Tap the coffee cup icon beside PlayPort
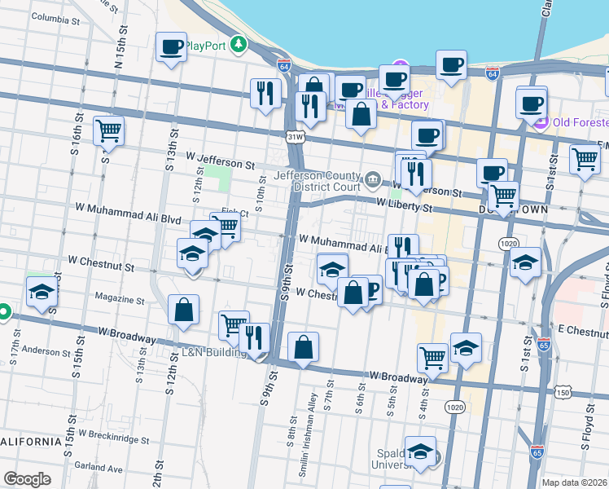pyautogui.click(x=170, y=49)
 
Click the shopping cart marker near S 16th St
pyautogui.click(x=108, y=130)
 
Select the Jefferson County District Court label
pyautogui.click(x=317, y=181)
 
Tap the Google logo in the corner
pyautogui.click(x=27, y=479)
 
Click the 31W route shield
pyautogui.click(x=295, y=138)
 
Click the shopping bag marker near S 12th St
pyautogui.click(x=183, y=310)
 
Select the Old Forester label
pyautogui.click(x=579, y=122)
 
